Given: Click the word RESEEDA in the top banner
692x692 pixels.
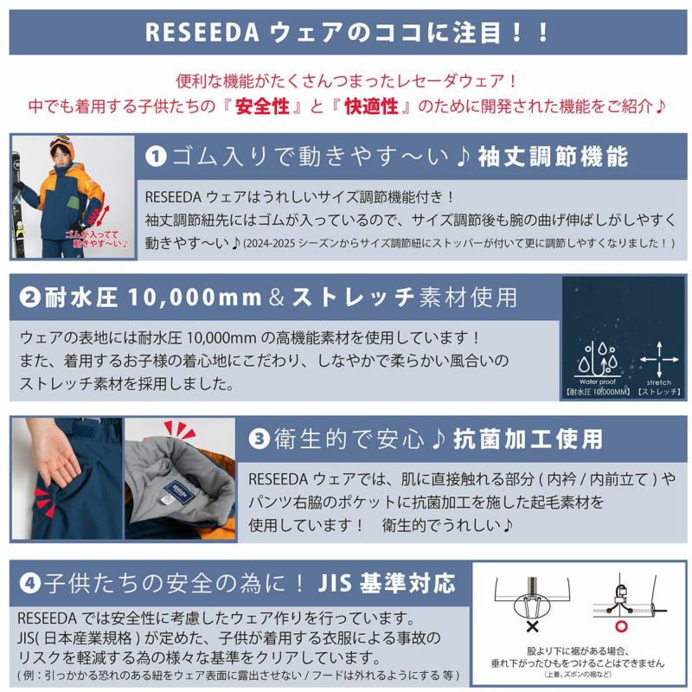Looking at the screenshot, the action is (x=202, y=32).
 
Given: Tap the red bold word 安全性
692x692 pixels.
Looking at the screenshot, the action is (x=262, y=106).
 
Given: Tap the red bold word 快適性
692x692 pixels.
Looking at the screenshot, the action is (x=371, y=106).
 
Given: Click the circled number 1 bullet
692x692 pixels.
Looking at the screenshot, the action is (x=156, y=157).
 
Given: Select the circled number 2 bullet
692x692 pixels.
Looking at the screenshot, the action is (x=29, y=298).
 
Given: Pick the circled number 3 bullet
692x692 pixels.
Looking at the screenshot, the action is (x=259, y=439).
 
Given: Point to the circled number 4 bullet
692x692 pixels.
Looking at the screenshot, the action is (x=29, y=583).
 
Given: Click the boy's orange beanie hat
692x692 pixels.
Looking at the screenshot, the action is (x=62, y=145).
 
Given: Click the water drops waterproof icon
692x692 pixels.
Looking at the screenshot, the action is (x=598, y=359).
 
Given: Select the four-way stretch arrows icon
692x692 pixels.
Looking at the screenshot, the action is (x=659, y=359).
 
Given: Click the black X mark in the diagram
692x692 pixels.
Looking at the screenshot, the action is (x=532, y=626).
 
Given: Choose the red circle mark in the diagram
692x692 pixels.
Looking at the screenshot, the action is (x=621, y=626).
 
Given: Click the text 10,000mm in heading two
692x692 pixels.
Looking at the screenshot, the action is (x=195, y=298).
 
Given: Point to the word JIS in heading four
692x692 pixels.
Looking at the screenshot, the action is (x=334, y=583).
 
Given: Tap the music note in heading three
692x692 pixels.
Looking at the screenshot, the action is (x=438, y=439).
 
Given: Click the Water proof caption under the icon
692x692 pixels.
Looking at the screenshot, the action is (x=598, y=381).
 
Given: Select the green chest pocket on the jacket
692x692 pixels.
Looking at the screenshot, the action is (x=74, y=203).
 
